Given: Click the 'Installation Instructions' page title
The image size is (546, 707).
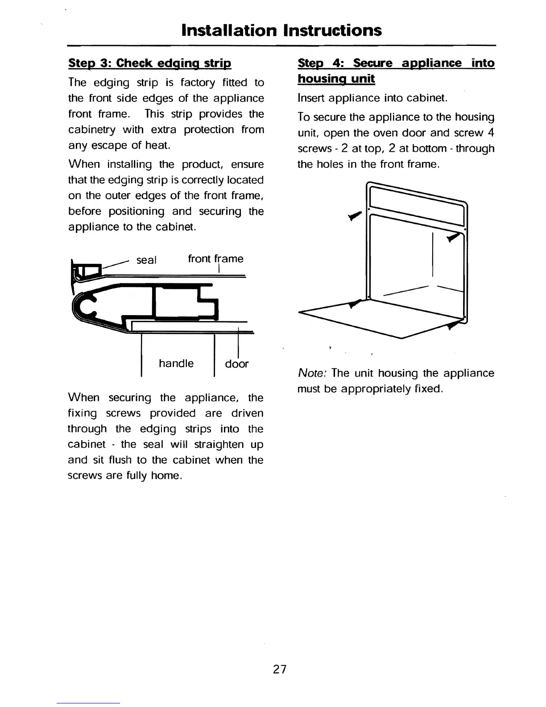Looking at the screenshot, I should [281, 30].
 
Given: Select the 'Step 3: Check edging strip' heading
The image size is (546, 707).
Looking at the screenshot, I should [149, 63].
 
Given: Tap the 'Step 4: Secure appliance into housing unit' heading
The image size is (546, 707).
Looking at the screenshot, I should [396, 71].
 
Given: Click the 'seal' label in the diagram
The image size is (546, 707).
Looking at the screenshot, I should [146, 260].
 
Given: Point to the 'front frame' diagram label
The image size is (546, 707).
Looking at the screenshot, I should [215, 259].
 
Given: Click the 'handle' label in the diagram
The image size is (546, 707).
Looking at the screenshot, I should [176, 363].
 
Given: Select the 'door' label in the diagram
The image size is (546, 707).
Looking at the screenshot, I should [236, 364].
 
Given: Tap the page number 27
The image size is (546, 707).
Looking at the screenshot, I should [280, 669].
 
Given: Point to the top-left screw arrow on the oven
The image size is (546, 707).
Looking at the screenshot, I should [354, 216].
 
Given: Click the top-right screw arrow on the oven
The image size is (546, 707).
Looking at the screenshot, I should [453, 237].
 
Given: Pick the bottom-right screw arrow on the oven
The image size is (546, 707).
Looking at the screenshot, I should [454, 324].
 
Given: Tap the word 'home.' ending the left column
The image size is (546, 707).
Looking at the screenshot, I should [166, 476].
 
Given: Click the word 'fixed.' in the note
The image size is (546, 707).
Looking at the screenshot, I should [428, 389].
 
